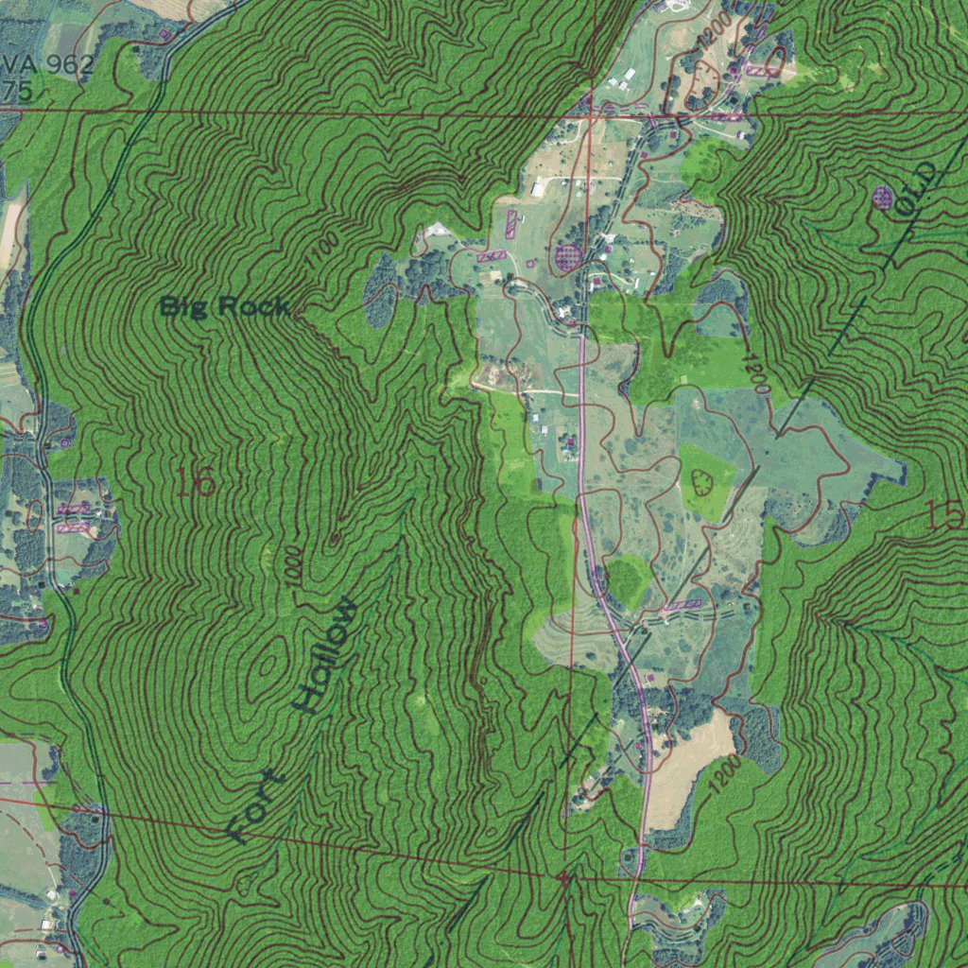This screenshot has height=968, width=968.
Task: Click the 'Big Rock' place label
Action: pos(223,306)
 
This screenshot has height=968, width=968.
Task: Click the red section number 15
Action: pos(944,515)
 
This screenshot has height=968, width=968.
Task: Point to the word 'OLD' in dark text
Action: pos(918,189)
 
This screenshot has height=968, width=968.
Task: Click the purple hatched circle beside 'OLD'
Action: pos(883,197)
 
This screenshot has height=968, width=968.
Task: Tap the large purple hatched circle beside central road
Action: pos(568,256)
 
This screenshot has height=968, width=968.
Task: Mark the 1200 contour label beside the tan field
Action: pos(727,773)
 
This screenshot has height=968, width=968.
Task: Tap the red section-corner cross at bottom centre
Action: pos(565,878)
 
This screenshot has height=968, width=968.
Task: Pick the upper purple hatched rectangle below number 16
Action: pos(74,510)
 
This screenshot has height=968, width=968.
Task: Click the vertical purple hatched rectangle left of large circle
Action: pos(511,223)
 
